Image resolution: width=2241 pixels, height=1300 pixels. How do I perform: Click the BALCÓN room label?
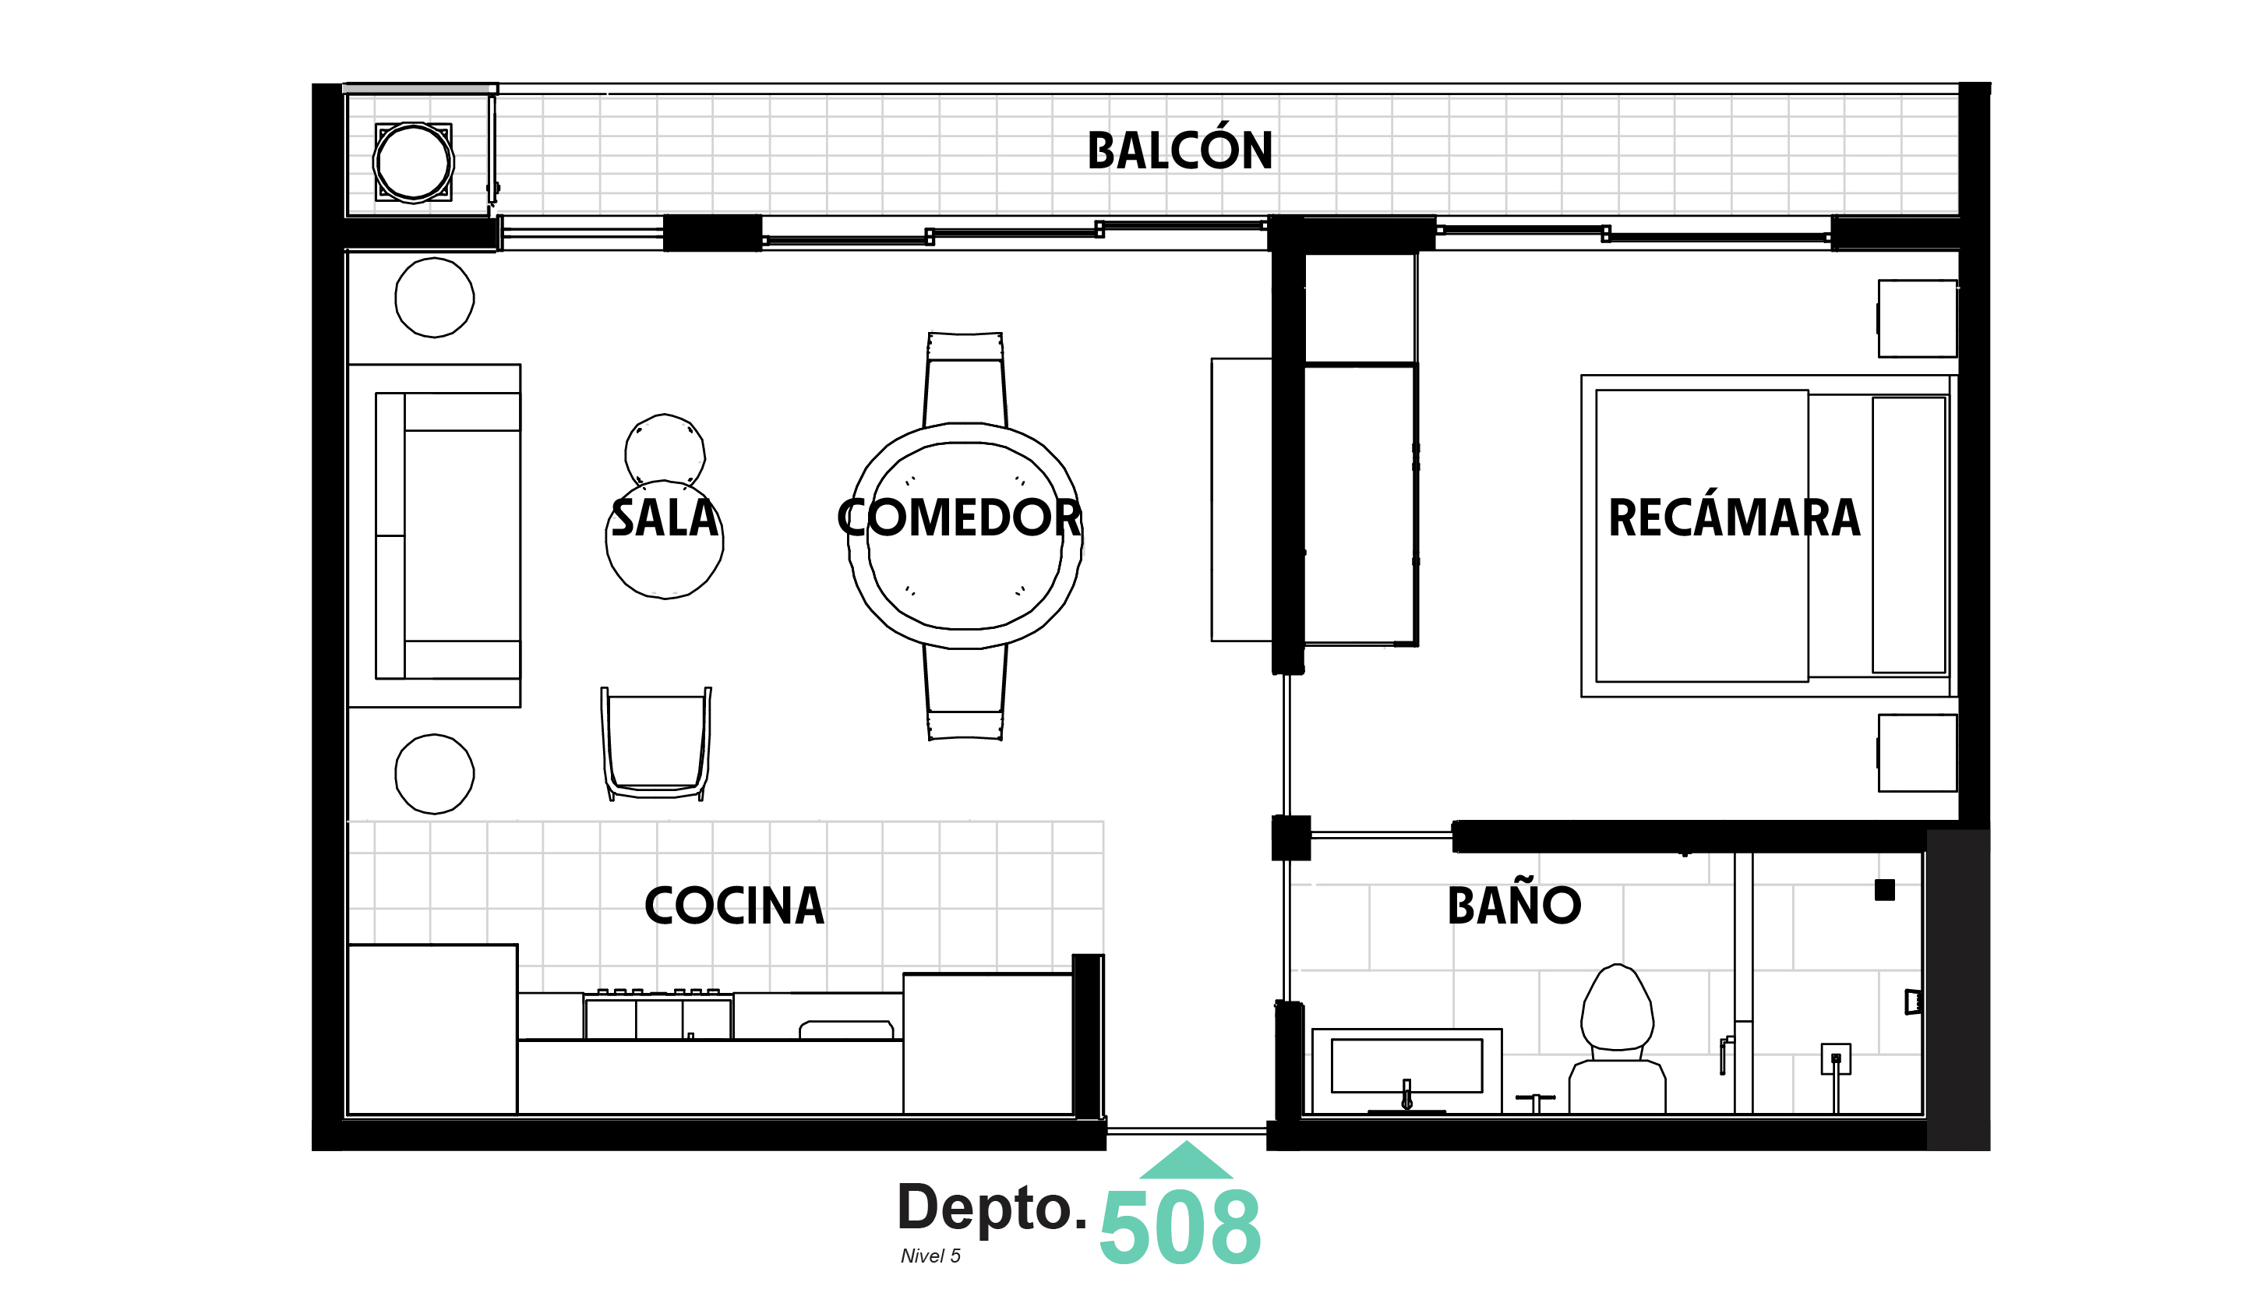pyautogui.click(x=1179, y=150)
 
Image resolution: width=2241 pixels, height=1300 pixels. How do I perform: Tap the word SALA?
pyautogui.click(x=665, y=518)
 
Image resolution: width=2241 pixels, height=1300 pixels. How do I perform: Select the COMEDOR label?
pyautogui.click(x=958, y=518)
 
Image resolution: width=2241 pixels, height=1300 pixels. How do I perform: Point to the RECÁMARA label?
pyautogui.click(x=1733, y=518)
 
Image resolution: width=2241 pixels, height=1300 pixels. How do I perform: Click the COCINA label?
pyautogui.click(x=734, y=906)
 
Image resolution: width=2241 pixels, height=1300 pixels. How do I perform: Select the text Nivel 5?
pyautogui.click(x=930, y=1256)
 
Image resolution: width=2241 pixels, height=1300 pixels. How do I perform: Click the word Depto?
pyautogui.click(x=992, y=1207)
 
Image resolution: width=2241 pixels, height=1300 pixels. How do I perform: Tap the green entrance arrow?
pyautogui.click(x=1185, y=1161)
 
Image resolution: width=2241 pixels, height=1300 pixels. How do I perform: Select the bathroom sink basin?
pyautogui.click(x=1406, y=1066)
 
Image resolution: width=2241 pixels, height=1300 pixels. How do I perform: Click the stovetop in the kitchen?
pyautogui.click(x=658, y=1016)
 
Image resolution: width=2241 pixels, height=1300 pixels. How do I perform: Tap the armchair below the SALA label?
pyautogui.click(x=656, y=743)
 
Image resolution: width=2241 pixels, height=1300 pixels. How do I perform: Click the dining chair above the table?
pyautogui.click(x=965, y=378)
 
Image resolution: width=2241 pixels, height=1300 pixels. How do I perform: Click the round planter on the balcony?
pyautogui.click(x=414, y=163)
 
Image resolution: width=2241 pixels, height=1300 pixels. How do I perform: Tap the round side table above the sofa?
pyautogui.click(x=434, y=298)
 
